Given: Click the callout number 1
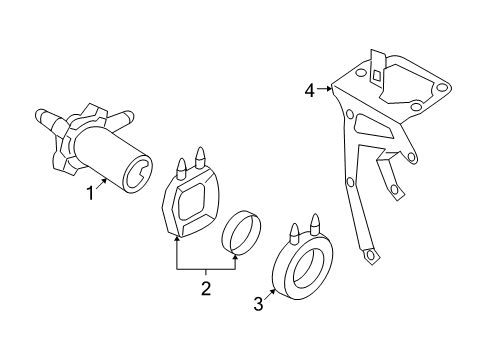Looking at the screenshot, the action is point(90,193).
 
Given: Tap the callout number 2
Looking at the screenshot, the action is point(206,289).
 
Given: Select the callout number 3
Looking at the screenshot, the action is point(258,304).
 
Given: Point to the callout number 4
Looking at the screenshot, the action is point(310,90).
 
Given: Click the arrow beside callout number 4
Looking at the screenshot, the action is point(325,89).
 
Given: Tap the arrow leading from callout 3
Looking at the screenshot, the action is point(270,294).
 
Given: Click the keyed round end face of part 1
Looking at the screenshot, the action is point(138,174).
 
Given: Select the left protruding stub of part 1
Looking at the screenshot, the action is point(47,118).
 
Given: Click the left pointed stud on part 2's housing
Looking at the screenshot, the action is point(181,168).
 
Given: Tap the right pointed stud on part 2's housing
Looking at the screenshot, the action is point(200,158).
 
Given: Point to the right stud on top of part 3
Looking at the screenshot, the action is point(315,225).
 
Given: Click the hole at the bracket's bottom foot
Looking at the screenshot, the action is point(370,255).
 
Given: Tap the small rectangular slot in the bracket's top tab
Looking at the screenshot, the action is point(376,75).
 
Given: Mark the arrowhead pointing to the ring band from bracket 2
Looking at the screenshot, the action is point(236,257).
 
